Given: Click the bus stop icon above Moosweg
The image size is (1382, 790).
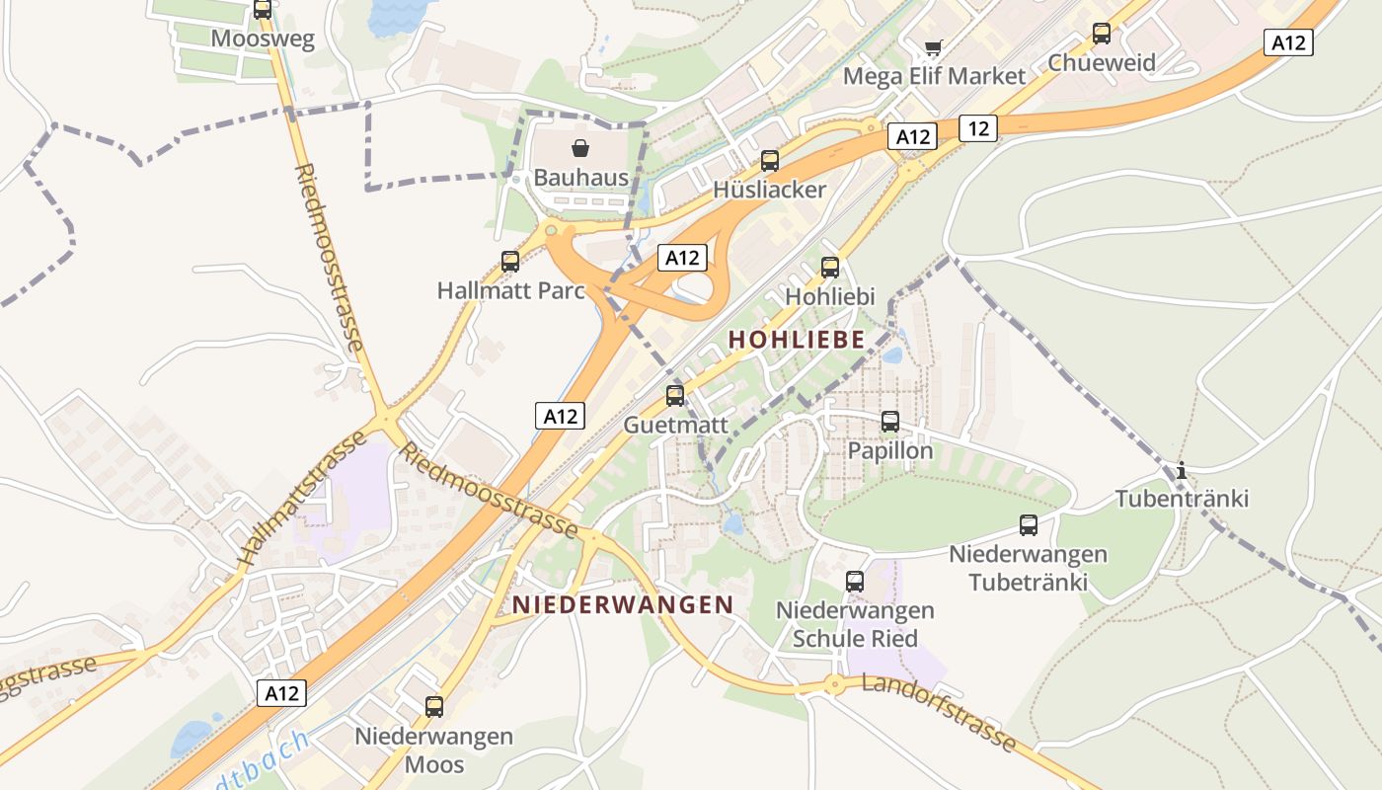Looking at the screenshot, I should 262,10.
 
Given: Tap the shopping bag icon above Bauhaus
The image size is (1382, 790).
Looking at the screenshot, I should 580,149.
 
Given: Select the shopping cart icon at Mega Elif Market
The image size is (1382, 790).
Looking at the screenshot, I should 934,46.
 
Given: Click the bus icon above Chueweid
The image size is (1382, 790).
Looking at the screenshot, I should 1102,34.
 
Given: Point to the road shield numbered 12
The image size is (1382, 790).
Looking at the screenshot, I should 977,127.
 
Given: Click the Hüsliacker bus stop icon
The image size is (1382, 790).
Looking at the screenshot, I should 770,161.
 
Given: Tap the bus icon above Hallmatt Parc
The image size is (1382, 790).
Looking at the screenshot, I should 510,262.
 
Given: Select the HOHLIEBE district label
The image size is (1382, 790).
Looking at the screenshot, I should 796,340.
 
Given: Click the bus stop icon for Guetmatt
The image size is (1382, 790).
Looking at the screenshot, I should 675,396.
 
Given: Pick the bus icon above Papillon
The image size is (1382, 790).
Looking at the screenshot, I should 890,422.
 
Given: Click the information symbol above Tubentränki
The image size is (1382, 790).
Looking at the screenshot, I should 1181,470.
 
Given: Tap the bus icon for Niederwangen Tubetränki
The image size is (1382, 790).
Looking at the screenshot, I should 1029,525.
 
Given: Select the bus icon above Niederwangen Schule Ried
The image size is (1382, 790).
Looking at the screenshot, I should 855,582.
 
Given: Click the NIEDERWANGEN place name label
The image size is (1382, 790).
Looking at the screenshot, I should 623,604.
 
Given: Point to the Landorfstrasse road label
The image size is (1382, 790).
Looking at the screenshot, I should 939,712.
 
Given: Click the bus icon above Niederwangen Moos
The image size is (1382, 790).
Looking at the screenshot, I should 434,707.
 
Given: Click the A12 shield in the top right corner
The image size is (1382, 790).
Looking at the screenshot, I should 1289,42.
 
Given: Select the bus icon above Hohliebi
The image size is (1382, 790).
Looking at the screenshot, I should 830,267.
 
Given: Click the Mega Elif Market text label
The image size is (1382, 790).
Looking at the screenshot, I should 934,76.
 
